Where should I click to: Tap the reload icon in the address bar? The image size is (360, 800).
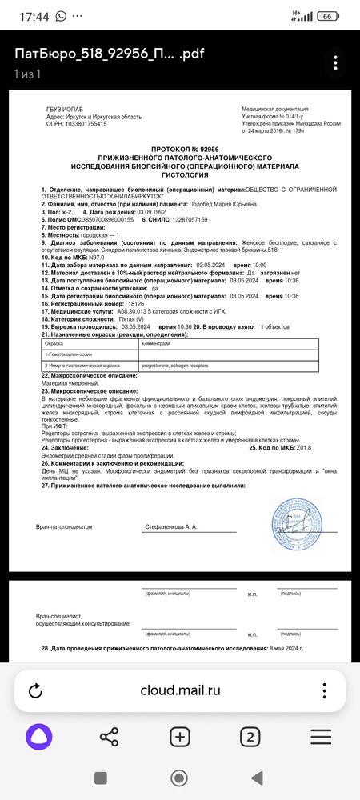point(35,690)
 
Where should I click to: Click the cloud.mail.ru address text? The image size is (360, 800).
point(180,690)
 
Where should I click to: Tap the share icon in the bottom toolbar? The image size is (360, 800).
point(109,738)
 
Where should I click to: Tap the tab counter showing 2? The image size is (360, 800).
point(250,738)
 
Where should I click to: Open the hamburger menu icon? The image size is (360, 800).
point(321,738)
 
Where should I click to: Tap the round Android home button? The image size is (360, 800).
point(180,778)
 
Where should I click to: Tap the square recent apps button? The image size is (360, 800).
point(101,778)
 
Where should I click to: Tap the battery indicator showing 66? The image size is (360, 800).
point(326,15)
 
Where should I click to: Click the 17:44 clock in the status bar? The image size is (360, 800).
point(31,15)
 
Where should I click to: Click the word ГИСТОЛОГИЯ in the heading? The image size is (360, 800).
point(184,174)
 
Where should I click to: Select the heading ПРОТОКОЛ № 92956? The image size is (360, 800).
point(185,150)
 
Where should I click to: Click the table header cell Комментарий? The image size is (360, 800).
point(154,342)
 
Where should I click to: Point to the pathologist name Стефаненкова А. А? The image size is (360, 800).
point(170,527)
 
